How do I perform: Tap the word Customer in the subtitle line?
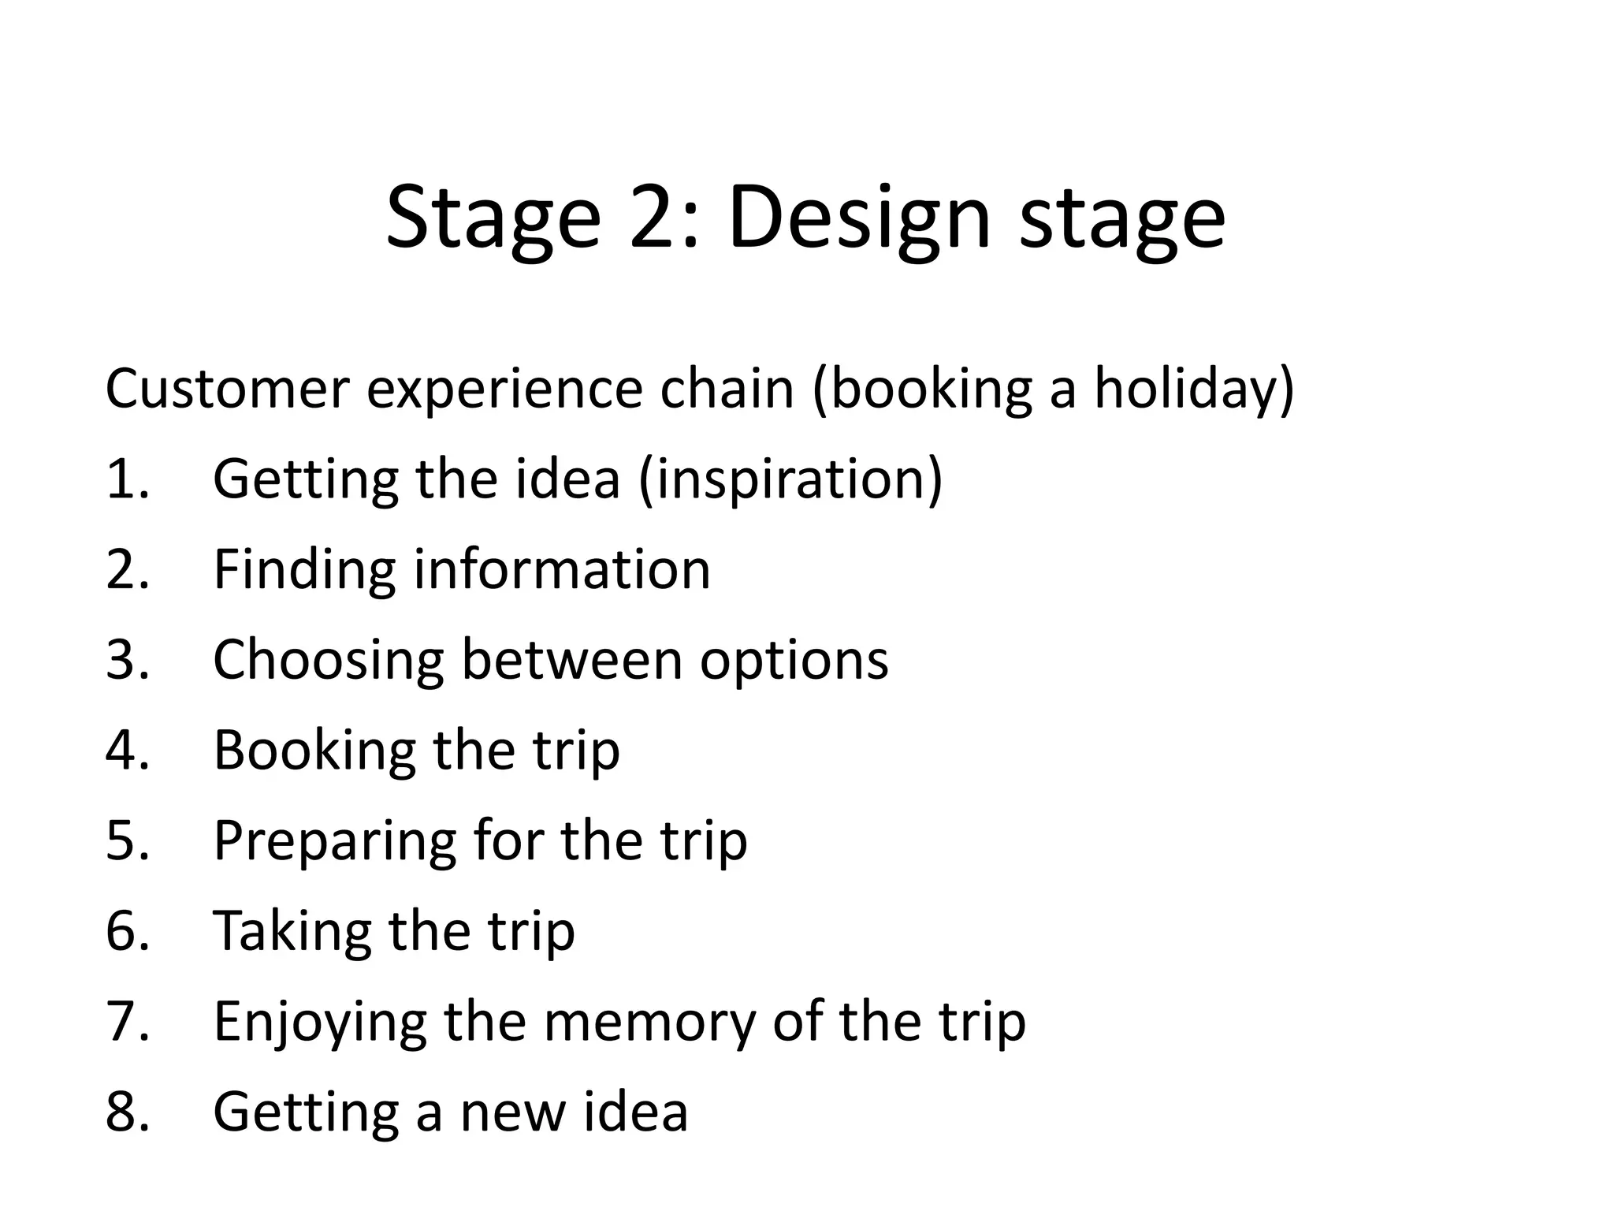pyautogui.click(x=227, y=389)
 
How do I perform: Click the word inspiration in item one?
pyautogui.click(x=790, y=479)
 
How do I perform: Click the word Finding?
pyautogui.click(x=304, y=569)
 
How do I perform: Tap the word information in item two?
pyautogui.click(x=562, y=569)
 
